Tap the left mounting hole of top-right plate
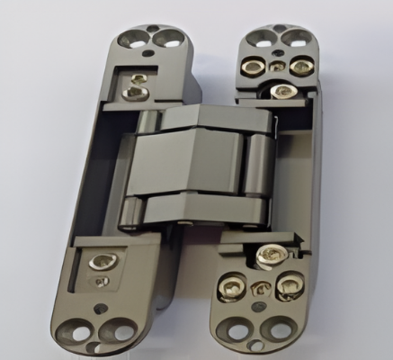click(x=260, y=37)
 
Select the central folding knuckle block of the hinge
click(x=194, y=162)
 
